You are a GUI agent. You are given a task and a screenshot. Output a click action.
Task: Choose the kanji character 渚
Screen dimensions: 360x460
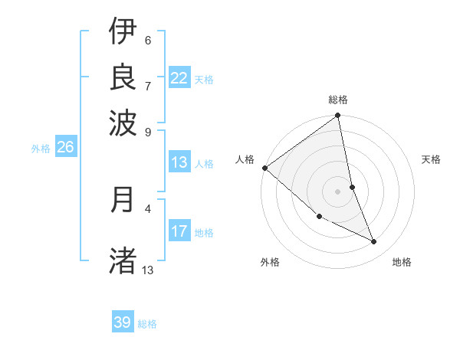(x=123, y=260)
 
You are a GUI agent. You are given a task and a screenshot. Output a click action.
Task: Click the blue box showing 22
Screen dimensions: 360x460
(x=179, y=78)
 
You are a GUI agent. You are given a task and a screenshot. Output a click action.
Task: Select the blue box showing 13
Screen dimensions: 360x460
(x=179, y=162)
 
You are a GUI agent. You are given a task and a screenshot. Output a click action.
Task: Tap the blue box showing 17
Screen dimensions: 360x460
(x=179, y=231)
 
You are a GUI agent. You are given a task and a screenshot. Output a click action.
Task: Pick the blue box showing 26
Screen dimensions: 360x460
(x=65, y=148)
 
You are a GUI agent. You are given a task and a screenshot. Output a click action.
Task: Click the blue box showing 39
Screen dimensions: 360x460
(x=123, y=322)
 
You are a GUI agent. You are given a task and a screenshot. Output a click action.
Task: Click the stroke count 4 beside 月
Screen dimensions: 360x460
(x=148, y=208)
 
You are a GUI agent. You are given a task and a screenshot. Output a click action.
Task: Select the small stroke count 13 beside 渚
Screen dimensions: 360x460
(x=148, y=270)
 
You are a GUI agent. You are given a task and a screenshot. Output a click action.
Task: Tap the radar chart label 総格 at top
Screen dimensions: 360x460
(x=338, y=100)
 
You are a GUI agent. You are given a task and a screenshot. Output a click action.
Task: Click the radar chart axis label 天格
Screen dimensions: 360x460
(x=432, y=159)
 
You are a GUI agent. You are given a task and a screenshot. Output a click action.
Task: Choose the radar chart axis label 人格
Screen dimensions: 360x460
(x=245, y=159)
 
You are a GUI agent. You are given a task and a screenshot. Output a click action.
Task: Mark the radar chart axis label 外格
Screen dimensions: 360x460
(x=270, y=262)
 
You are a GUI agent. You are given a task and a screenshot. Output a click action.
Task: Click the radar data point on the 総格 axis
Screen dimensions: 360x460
(x=338, y=116)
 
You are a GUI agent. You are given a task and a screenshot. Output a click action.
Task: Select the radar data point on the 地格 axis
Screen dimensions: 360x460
(x=374, y=241)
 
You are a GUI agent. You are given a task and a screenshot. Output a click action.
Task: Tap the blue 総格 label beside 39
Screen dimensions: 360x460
(x=147, y=324)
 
